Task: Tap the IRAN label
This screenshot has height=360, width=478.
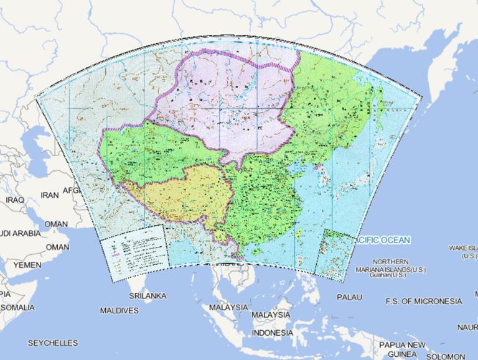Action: (49, 195)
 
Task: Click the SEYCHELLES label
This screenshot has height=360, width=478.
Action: (53, 343)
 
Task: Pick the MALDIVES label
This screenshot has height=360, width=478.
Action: (119, 310)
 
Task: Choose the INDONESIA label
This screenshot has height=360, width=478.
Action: (272, 333)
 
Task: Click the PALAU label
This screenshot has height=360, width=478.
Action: (349, 297)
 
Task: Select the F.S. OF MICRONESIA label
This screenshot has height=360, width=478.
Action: (423, 302)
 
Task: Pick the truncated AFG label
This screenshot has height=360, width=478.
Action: (72, 190)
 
